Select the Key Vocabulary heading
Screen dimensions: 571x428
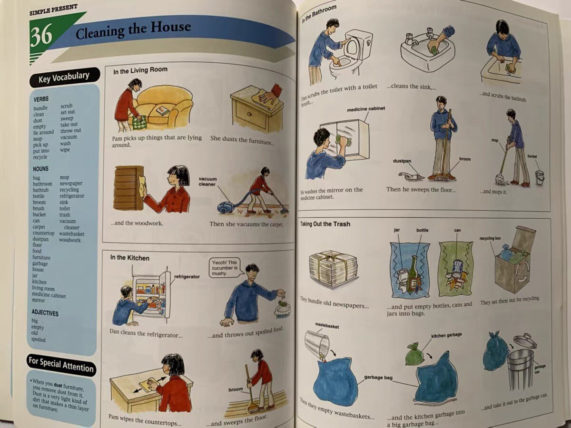coord(64,77)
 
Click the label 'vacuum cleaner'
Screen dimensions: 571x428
coord(207,182)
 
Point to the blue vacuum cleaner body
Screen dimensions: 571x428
coord(226,208)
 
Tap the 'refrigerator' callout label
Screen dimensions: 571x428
coord(187,277)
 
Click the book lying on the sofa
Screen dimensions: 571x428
coord(163,110)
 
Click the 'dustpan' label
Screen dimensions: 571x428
coord(402,161)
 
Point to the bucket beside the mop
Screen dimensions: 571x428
coord(540,177)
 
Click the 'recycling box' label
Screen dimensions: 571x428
coord(490,238)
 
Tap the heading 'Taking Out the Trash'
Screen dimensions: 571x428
coord(325,224)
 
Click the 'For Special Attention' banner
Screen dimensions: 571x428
coord(61,365)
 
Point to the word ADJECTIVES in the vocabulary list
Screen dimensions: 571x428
coord(45,312)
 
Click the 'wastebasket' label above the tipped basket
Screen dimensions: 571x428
coord(327,326)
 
